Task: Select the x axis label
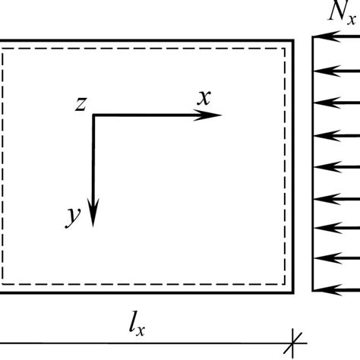pyautogui.click(x=203, y=96)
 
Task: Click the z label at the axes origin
pyautogui.click(x=80, y=104)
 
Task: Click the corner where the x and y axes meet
pyautogui.click(x=93, y=115)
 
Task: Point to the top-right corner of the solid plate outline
pyautogui.click(x=293, y=40)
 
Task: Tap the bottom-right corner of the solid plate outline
pyautogui.click(x=293, y=291)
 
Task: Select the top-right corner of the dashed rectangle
pyautogui.click(x=286, y=49)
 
